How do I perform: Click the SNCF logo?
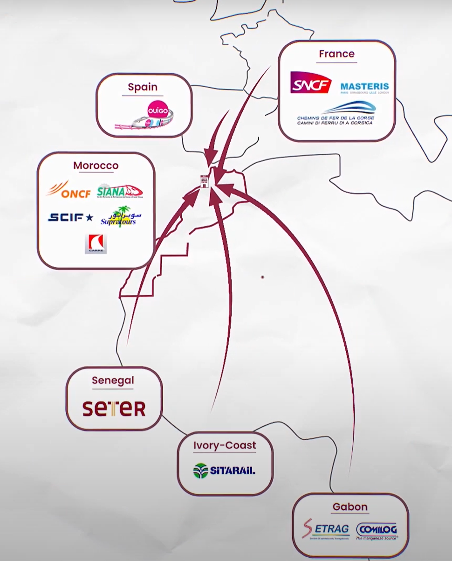310,83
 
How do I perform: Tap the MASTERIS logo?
364,87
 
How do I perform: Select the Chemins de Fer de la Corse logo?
336,113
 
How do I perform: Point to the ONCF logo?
68,190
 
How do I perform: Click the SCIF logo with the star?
70,217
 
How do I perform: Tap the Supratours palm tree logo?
120,217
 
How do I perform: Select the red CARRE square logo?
96,244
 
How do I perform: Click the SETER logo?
114,409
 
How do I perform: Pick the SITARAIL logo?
225,471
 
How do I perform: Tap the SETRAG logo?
326,530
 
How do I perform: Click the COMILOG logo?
377,531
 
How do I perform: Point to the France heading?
336,54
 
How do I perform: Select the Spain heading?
143,87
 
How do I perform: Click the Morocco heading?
96,166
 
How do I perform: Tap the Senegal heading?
113,380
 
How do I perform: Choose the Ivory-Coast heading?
225,445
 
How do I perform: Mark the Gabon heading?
350,506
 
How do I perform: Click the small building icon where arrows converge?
204,180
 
